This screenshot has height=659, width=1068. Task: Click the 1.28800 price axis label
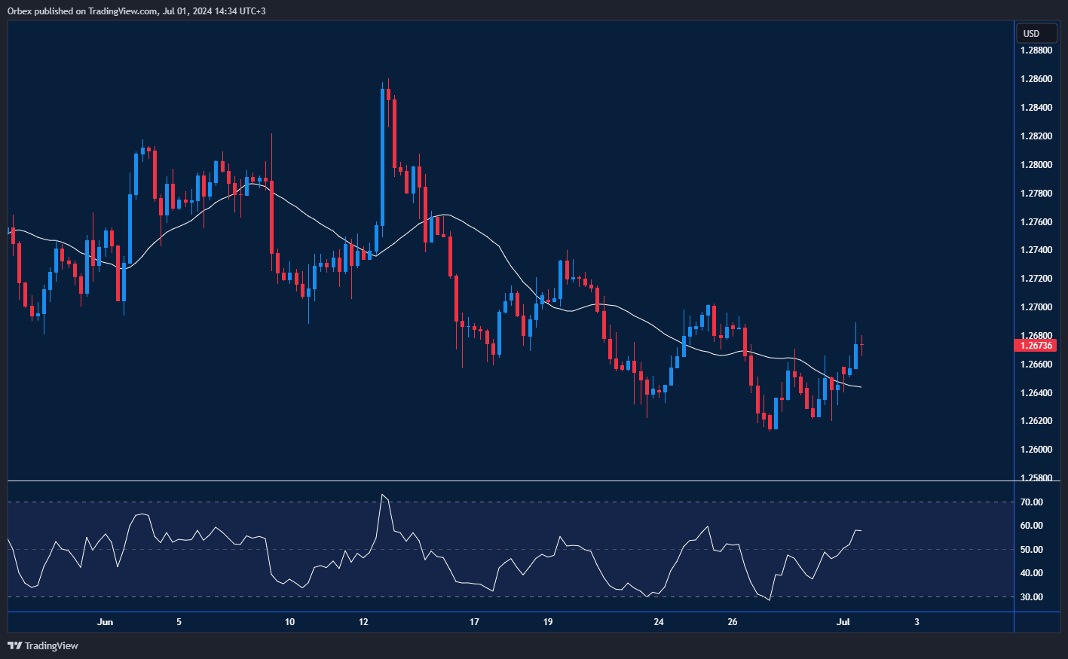[1036, 50]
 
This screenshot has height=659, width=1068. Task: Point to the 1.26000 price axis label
[1036, 450]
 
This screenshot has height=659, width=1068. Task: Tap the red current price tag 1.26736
[1036, 346]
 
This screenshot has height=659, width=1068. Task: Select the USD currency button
[1031, 33]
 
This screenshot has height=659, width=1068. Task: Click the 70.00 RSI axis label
[1031, 502]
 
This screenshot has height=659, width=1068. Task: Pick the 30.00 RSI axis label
[1031, 597]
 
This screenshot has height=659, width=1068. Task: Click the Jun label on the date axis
[106, 622]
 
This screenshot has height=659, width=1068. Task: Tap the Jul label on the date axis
[843, 622]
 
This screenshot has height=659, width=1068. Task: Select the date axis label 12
[363, 622]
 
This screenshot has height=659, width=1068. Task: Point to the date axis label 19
[548, 622]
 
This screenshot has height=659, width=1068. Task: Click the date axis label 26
[733, 622]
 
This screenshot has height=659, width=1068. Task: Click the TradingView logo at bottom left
[43, 645]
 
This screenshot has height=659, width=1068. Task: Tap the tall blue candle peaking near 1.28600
[383, 158]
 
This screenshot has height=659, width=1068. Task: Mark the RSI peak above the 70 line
[383, 496]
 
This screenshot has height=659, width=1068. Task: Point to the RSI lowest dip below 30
[769, 600]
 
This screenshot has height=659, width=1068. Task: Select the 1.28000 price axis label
[1036, 165]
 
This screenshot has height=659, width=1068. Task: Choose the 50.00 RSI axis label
[1031, 550]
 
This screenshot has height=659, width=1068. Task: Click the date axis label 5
[179, 622]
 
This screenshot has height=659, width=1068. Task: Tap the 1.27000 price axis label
[1036, 307]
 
